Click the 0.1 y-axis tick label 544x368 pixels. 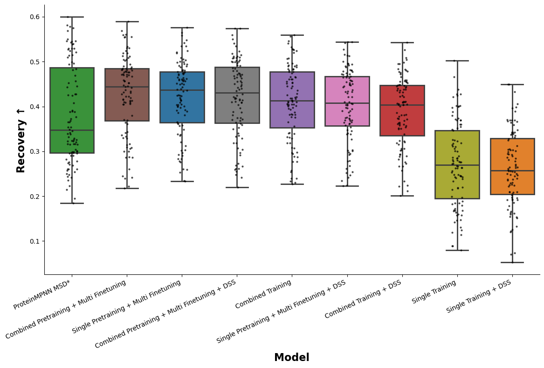point(35,241)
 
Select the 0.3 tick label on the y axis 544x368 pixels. point(35,151)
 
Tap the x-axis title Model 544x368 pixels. point(292,358)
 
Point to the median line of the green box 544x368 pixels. point(72,130)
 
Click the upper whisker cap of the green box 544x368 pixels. point(72,17)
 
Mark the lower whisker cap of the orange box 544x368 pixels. point(512,262)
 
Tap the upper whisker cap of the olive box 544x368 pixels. point(457,61)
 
